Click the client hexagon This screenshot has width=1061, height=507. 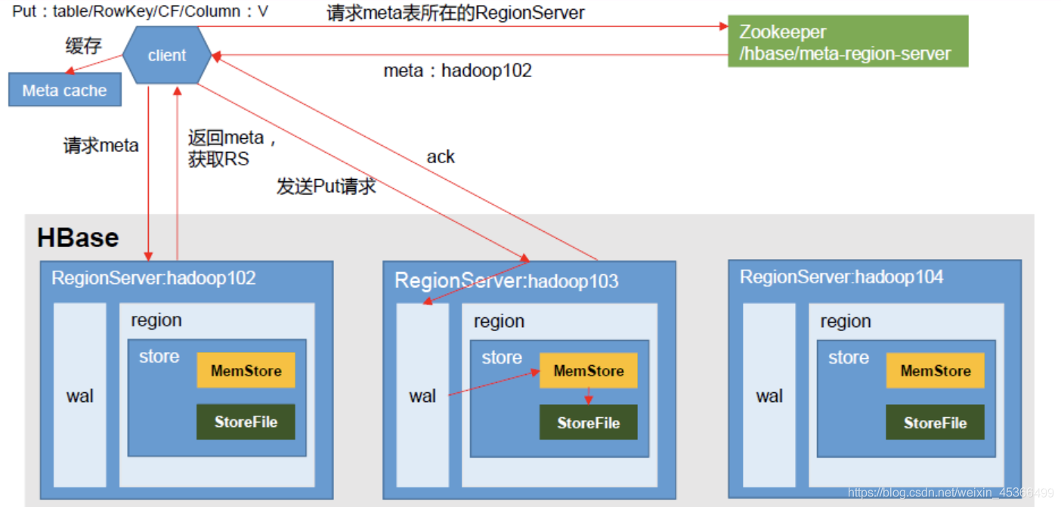[x=167, y=55]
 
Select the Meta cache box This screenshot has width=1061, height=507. [x=64, y=91]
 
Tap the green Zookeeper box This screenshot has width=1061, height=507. [x=847, y=42]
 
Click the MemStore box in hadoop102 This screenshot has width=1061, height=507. [x=246, y=370]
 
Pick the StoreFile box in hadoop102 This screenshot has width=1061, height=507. [x=246, y=422]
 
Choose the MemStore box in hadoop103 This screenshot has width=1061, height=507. [x=588, y=371]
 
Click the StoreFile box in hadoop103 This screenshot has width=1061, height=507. [x=588, y=422]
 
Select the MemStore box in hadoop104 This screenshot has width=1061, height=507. [x=935, y=371]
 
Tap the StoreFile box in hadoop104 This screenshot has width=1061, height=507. [x=935, y=422]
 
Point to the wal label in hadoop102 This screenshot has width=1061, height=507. [x=80, y=396]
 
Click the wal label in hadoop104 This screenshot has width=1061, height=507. [x=769, y=396]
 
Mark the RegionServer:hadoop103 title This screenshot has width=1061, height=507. [x=506, y=281]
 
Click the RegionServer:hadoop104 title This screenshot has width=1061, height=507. [x=841, y=277]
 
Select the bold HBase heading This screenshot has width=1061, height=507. [x=78, y=238]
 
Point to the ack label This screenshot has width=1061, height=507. [x=441, y=157]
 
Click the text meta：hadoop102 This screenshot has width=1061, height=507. [x=457, y=71]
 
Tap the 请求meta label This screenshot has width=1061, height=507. [x=101, y=146]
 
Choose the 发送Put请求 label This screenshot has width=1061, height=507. [x=326, y=187]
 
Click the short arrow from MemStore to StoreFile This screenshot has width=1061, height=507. [x=588, y=397]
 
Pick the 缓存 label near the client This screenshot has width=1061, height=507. [x=83, y=46]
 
